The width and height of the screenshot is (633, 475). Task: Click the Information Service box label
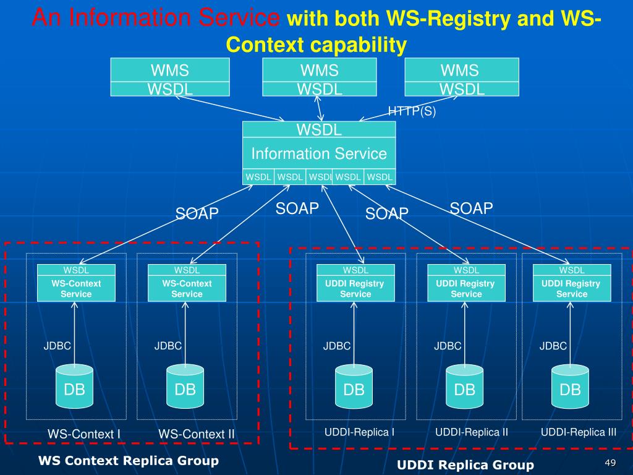(319, 153)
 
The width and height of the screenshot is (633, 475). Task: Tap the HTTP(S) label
(412, 111)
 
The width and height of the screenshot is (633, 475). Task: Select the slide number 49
(610, 463)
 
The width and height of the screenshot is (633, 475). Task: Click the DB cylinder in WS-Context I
(74, 386)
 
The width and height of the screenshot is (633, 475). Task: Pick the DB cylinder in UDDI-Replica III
(570, 386)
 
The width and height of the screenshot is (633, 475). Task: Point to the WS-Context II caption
(196, 434)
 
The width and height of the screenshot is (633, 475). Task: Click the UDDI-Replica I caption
(359, 432)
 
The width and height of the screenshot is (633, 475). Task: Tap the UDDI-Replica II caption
(472, 432)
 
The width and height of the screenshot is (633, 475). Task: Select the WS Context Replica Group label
(129, 460)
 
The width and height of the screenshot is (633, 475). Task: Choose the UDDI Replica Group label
(465, 465)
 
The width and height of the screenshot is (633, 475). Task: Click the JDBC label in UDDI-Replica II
(448, 346)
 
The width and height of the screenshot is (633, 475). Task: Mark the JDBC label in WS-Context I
(57, 346)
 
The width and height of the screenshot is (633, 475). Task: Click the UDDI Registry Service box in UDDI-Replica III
(572, 283)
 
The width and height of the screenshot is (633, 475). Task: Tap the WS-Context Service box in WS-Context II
(187, 283)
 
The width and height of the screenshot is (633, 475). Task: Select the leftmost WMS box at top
(170, 77)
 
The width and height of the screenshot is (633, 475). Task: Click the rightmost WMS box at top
(462, 77)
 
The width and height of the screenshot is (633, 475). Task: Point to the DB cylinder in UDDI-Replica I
(354, 386)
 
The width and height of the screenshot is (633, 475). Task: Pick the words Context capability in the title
(316, 45)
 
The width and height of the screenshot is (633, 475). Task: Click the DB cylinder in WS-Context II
(185, 386)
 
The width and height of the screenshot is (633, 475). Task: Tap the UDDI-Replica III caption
(579, 432)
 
